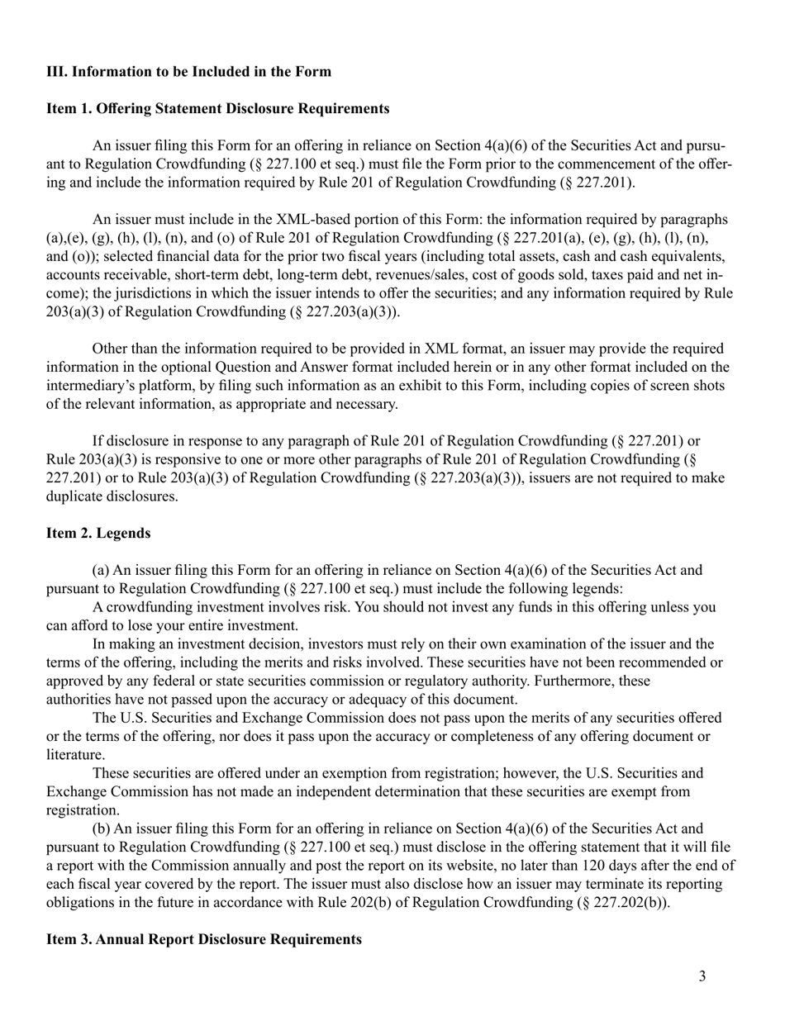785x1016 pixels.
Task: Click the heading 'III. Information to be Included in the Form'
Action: [188, 71]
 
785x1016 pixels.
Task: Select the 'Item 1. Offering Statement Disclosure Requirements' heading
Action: [217, 108]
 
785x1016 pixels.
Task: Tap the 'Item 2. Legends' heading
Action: [98, 533]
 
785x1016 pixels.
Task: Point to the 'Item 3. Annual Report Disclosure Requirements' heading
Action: [203, 939]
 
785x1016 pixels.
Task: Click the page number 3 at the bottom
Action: [702, 977]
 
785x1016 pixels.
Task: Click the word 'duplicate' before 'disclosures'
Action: [77, 496]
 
